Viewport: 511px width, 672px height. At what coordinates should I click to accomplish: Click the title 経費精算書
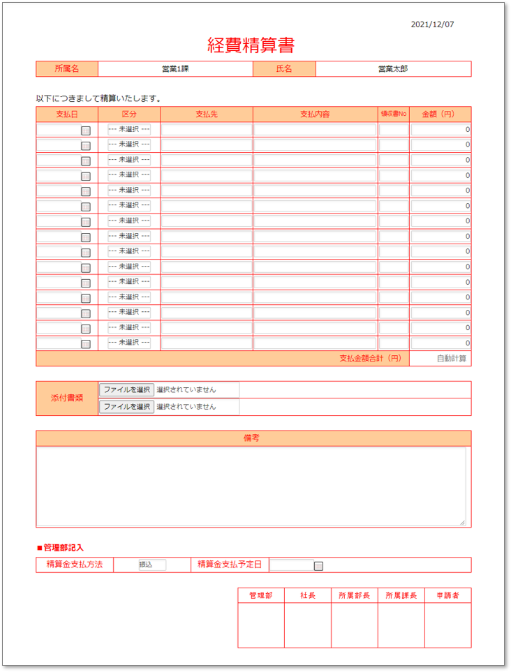(251, 45)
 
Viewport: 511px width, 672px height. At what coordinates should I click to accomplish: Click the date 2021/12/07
(432, 24)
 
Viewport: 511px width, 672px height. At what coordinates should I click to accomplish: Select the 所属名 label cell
(67, 69)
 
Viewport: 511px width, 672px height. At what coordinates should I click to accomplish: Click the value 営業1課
(175, 69)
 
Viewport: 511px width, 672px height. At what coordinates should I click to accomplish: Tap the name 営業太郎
(393, 69)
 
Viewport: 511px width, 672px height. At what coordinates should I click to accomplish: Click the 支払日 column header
(67, 114)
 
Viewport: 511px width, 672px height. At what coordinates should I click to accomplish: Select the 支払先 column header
(207, 114)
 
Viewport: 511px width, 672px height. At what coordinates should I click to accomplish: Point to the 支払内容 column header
(315, 114)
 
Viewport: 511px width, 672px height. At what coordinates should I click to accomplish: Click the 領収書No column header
(393, 114)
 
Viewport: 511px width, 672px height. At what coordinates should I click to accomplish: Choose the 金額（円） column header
(440, 114)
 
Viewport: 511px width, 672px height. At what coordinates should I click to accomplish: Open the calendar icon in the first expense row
(86, 130)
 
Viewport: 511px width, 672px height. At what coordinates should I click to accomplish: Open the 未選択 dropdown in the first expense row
(129, 130)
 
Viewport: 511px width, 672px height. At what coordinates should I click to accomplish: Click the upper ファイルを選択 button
(126, 389)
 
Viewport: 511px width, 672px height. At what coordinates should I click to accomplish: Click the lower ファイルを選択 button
(126, 406)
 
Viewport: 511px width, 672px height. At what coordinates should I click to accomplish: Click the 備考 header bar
(253, 438)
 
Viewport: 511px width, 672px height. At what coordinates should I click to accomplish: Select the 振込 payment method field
(151, 565)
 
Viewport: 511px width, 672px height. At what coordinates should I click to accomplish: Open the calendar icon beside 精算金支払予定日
(318, 566)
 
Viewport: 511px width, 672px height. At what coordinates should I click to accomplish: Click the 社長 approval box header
(307, 595)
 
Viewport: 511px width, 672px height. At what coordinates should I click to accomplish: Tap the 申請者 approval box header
(447, 595)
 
